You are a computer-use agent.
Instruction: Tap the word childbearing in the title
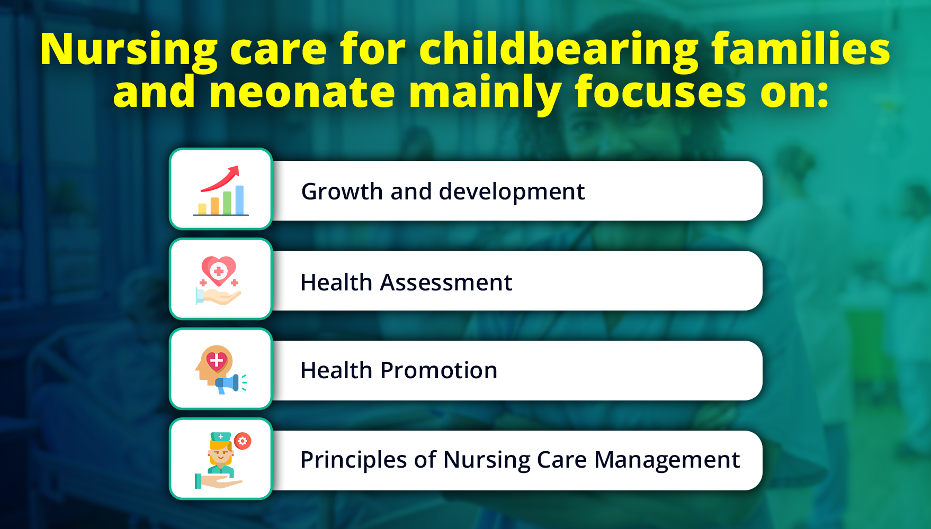coord(559,49)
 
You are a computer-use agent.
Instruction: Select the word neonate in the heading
coord(302,92)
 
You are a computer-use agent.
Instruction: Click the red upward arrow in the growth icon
coord(220,178)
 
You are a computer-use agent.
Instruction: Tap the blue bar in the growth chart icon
coord(239,200)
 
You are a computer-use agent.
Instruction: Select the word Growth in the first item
coord(342,191)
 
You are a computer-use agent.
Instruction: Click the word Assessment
coord(446,282)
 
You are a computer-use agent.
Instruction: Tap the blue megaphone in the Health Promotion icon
coord(228,384)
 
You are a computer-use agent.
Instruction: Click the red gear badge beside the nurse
coord(243,441)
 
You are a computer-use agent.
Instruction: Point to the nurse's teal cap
coord(221,437)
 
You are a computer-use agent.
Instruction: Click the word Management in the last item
coord(667,460)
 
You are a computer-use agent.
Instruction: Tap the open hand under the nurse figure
coord(218,481)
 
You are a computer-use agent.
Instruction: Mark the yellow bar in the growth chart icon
coord(202,209)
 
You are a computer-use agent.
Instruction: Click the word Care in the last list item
coord(561,460)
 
